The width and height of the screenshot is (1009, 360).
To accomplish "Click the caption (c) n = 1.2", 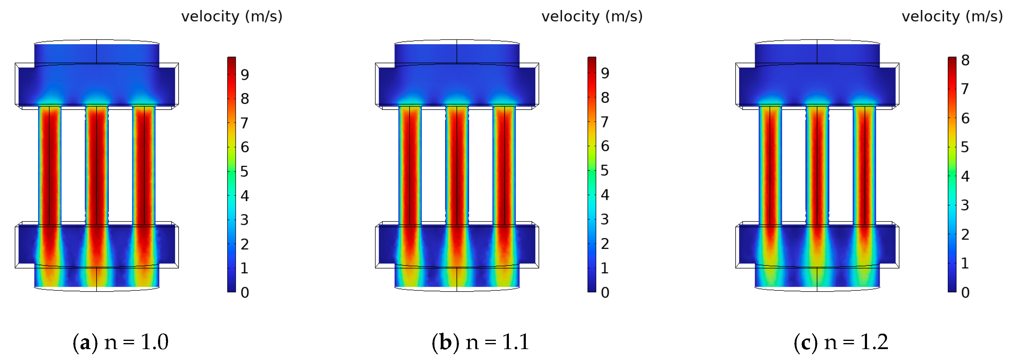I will pyautogui.click(x=841, y=342).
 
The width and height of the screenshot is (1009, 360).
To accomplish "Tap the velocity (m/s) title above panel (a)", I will pyautogui.click(x=232, y=16).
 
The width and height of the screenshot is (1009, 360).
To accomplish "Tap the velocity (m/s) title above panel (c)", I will pyautogui.click(x=952, y=16).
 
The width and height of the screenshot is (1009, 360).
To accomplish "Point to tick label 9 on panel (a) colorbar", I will pyautogui.click(x=245, y=74).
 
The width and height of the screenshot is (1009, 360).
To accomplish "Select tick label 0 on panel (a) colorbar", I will pyautogui.click(x=245, y=292).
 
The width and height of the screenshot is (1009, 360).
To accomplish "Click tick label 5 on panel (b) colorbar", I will pyautogui.click(x=605, y=170).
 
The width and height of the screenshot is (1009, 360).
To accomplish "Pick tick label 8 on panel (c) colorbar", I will pyautogui.click(x=965, y=60).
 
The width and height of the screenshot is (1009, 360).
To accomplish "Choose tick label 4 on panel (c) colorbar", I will pyautogui.click(x=965, y=176).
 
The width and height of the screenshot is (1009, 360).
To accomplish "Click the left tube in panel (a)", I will pyautogui.click(x=50, y=164).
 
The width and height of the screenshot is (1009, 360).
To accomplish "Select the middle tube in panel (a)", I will pyautogui.click(x=97, y=164).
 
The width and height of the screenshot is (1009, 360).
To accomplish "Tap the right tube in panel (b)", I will pyautogui.click(x=504, y=164).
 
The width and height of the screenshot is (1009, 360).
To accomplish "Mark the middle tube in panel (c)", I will pyautogui.click(x=817, y=164).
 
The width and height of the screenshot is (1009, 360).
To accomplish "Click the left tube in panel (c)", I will pyautogui.click(x=770, y=164).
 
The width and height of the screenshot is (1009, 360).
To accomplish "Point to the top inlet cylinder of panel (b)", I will pyautogui.click(x=457, y=53).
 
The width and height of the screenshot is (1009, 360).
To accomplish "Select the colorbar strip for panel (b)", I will pyautogui.click(x=592, y=174).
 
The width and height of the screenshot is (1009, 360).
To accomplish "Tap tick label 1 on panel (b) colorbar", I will pyautogui.click(x=605, y=268).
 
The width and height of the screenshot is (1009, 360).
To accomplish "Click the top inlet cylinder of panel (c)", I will pyautogui.click(x=817, y=53).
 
